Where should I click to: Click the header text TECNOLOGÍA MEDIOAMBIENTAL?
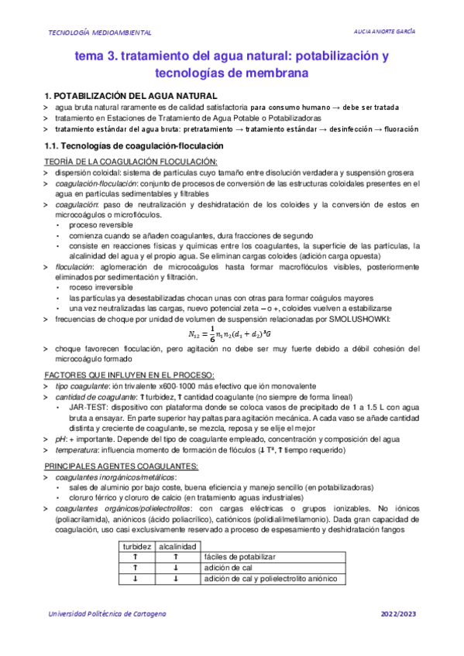tap(101, 32)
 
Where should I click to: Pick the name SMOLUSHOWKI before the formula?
tap(356, 318)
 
